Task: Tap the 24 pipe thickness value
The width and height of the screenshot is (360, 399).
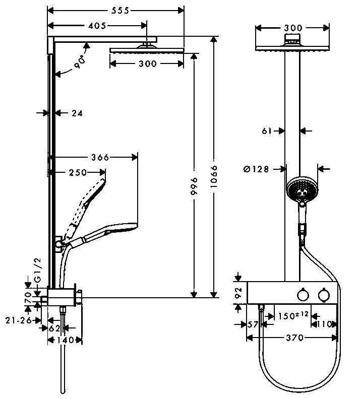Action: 77,113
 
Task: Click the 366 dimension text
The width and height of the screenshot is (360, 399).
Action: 100,157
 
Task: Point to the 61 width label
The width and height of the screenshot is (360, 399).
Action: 267,131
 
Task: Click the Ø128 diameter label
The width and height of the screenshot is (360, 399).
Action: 256,169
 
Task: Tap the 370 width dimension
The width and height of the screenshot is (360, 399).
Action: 294,338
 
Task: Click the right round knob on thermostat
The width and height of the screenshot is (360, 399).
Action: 322,294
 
